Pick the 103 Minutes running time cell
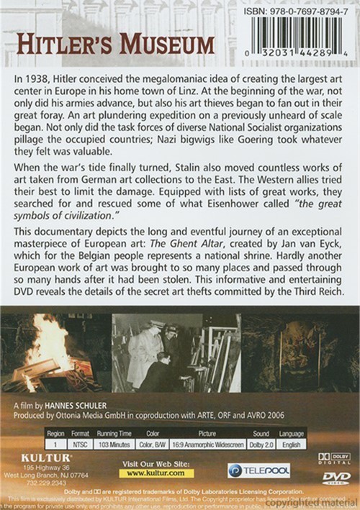point(113,445)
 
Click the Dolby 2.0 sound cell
point(261,445)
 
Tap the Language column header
point(291,434)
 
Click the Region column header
point(55,434)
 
